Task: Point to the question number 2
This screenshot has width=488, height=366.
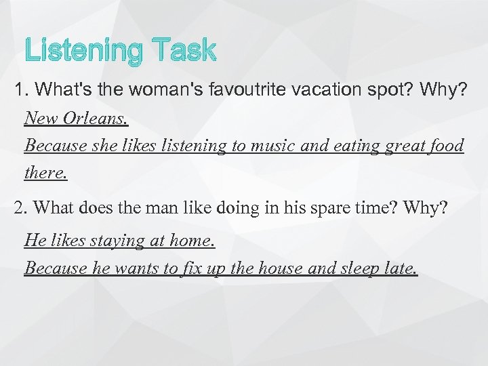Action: pos(19,207)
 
